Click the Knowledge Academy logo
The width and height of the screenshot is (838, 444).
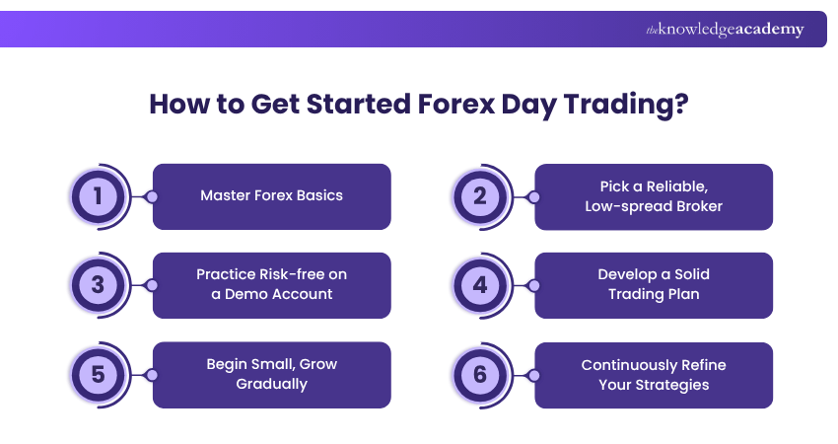pyautogui.click(x=725, y=30)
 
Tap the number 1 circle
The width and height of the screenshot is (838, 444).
pyautogui.click(x=98, y=196)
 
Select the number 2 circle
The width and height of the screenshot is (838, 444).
pyautogui.click(x=480, y=196)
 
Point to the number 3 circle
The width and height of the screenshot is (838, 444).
pyautogui.click(x=98, y=285)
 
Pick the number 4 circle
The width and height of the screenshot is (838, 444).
pyautogui.click(x=480, y=285)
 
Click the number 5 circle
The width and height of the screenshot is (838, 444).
pyautogui.click(x=98, y=375)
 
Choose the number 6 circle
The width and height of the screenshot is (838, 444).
pyautogui.click(x=480, y=375)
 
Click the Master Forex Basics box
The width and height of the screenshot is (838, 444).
pyautogui.click(x=271, y=196)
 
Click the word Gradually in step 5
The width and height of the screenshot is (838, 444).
pyautogui.click(x=271, y=384)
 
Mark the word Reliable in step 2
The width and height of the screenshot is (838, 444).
pyautogui.click(x=677, y=186)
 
